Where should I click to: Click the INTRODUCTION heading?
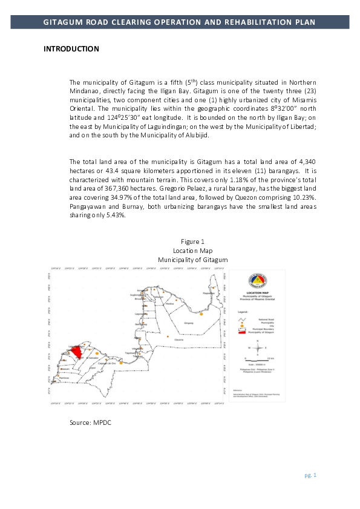tap(71, 48)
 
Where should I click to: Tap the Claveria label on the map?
tap(178, 340)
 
